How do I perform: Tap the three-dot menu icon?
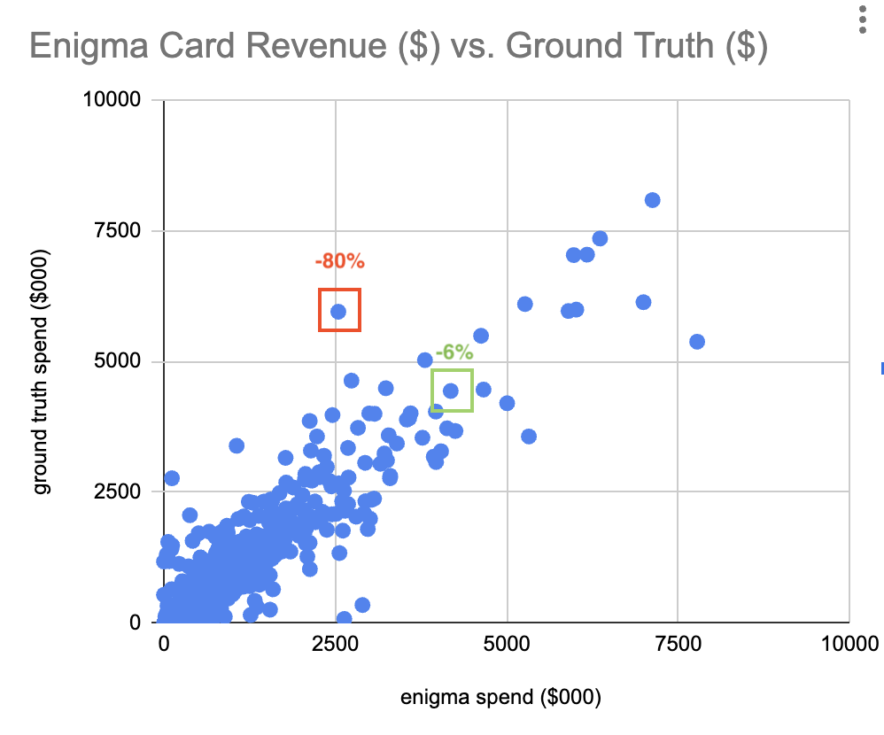point(862,19)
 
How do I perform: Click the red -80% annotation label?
point(339,261)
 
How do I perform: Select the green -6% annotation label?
point(454,352)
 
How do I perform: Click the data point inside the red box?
point(338,311)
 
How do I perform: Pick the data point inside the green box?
point(450,391)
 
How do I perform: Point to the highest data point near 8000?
point(652,200)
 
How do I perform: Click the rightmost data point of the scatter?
point(696,342)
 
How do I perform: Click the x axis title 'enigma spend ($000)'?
point(500,697)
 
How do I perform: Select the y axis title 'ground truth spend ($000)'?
point(42,371)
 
